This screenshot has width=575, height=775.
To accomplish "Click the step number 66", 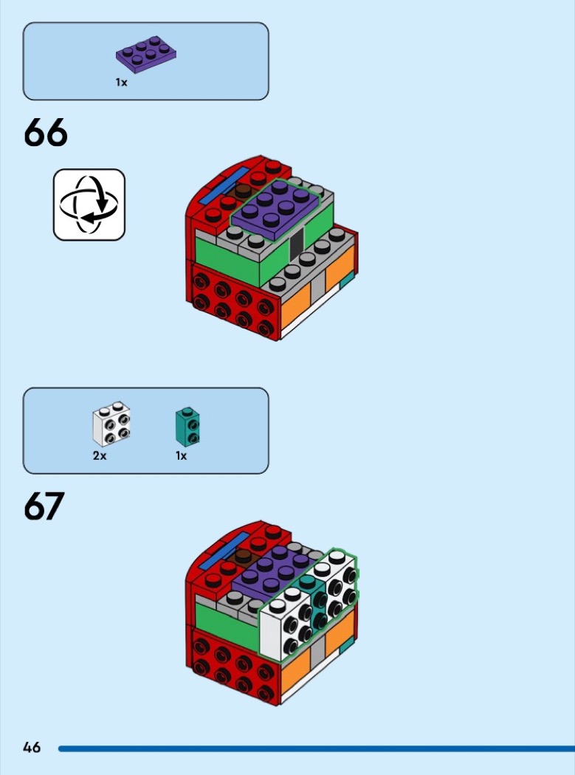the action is (x=46, y=132).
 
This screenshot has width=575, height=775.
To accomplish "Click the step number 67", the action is (x=44, y=506).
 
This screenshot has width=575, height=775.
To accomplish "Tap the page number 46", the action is (x=32, y=747).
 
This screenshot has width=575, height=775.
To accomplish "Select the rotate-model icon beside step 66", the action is (x=89, y=204).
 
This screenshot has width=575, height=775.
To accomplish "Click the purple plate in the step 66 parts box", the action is (x=146, y=54).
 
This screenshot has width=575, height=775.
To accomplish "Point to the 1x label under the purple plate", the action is (x=121, y=83).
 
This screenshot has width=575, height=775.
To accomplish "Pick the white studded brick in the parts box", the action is (x=111, y=424).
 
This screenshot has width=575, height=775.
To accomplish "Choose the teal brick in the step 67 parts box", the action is (x=187, y=426).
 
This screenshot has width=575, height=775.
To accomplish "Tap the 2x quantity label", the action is (x=100, y=455).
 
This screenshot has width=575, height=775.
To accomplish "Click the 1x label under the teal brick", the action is (x=182, y=455).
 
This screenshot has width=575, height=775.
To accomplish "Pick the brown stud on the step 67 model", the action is (x=242, y=556).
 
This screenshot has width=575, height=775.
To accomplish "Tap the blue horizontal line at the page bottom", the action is (x=317, y=749).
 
